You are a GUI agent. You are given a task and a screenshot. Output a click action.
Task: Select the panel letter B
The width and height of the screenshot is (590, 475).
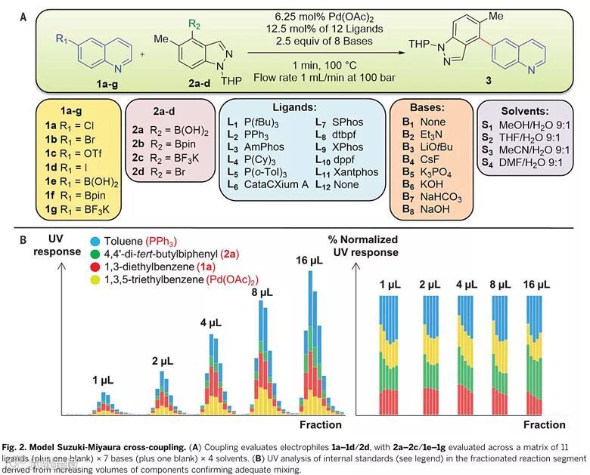[23, 240]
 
